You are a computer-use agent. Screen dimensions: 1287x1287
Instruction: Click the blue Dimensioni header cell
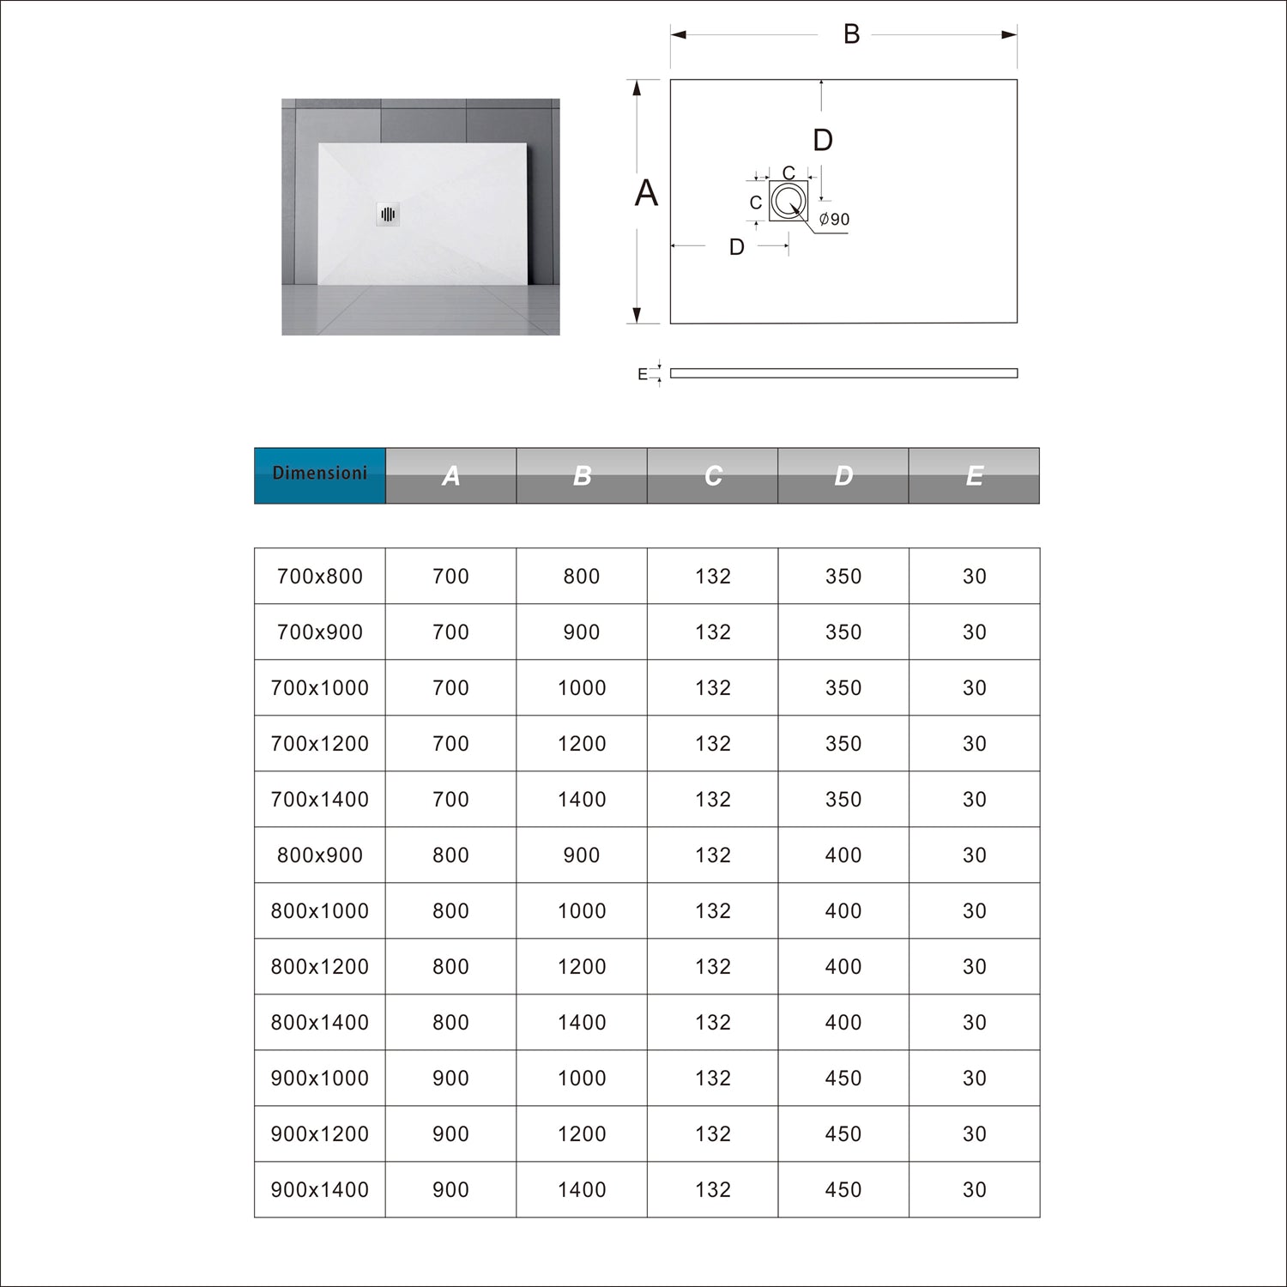click(x=319, y=474)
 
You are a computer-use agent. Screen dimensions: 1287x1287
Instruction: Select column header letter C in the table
click(x=713, y=476)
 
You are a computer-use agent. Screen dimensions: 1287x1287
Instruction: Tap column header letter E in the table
click(x=974, y=476)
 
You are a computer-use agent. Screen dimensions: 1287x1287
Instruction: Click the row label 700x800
click(x=320, y=577)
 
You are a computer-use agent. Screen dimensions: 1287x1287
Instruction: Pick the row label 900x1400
click(x=320, y=1190)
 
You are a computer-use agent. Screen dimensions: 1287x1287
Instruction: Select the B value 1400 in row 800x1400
click(x=582, y=1023)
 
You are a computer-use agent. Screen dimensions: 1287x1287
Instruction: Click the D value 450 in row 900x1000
click(x=843, y=1079)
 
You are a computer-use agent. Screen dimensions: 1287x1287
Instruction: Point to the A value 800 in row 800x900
click(x=450, y=855)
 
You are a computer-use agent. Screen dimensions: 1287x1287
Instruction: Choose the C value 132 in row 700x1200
click(x=713, y=744)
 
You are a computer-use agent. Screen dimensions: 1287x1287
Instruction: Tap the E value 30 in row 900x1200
click(x=974, y=1134)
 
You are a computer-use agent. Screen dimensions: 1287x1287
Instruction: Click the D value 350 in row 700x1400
click(x=843, y=800)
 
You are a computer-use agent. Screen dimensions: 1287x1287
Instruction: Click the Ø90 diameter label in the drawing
click(x=834, y=220)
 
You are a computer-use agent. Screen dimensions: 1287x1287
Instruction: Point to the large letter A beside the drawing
click(x=646, y=194)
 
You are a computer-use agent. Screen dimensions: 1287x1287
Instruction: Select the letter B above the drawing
click(x=851, y=34)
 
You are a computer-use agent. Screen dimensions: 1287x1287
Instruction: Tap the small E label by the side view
click(x=643, y=374)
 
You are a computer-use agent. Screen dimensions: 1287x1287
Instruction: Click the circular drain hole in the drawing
click(x=788, y=201)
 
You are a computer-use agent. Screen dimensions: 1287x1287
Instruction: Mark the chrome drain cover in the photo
click(x=388, y=214)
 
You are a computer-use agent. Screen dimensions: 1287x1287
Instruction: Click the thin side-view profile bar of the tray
click(x=843, y=373)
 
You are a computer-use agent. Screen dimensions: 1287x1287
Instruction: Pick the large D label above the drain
click(x=822, y=140)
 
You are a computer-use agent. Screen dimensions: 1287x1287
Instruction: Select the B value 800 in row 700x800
click(x=582, y=577)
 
